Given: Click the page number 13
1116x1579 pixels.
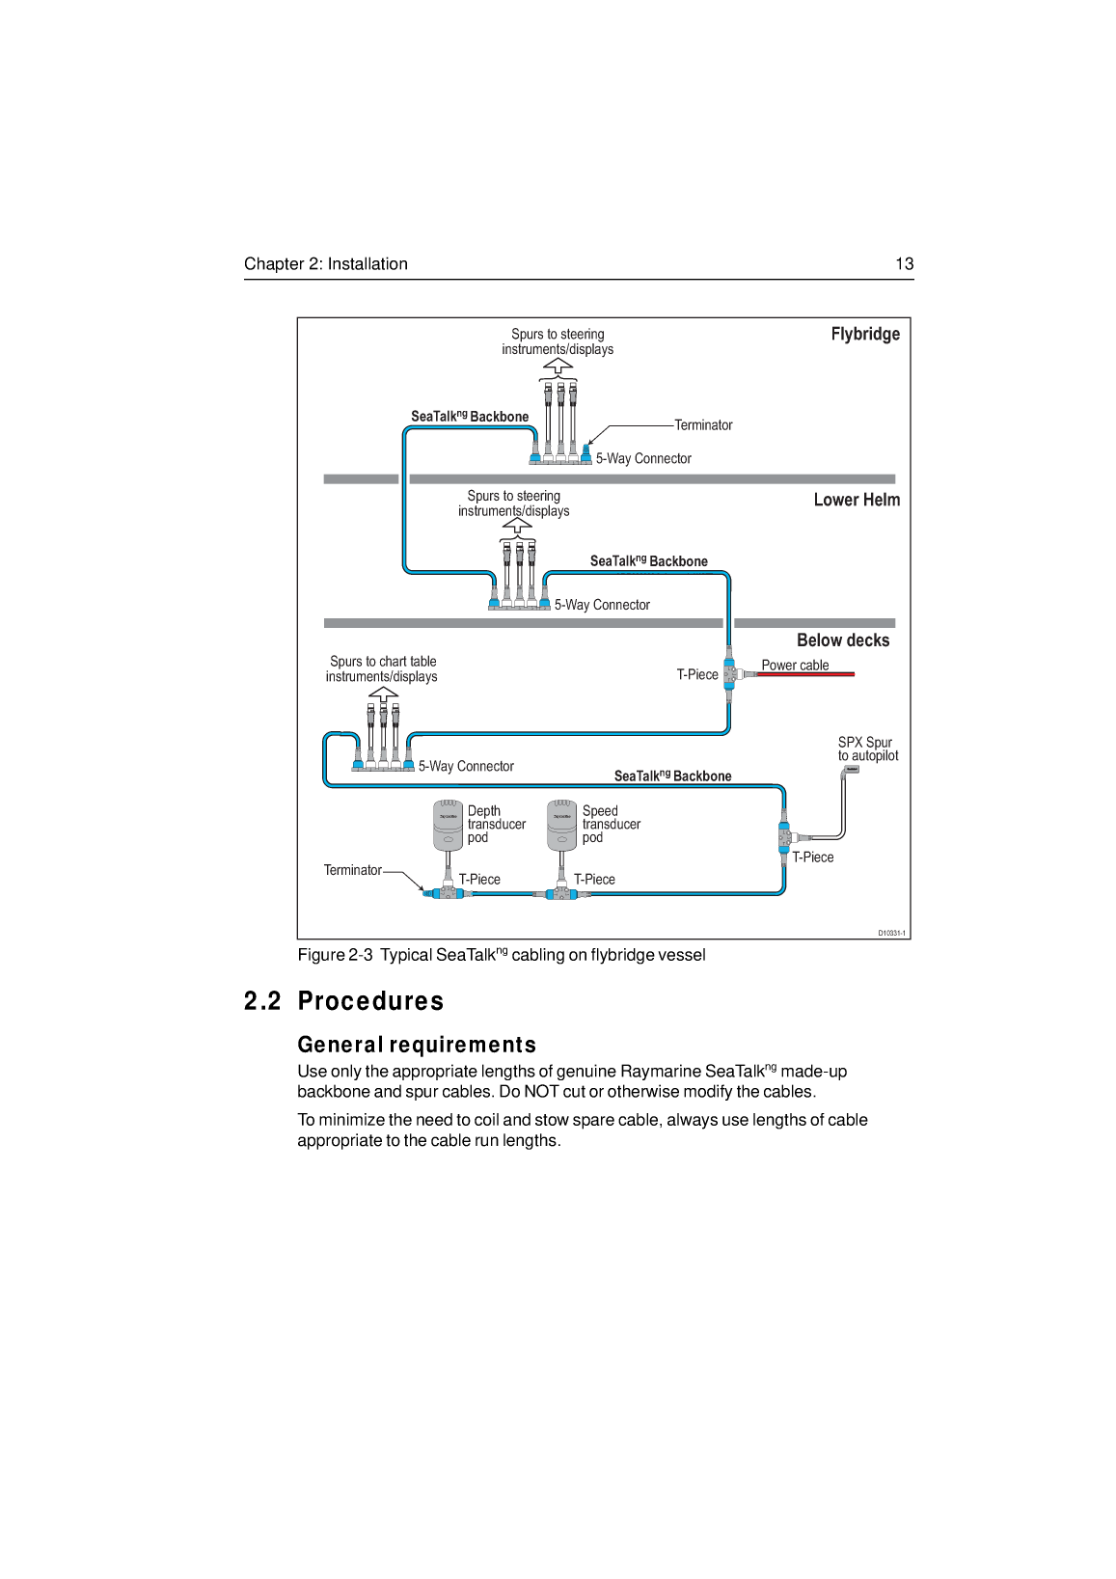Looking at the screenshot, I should click(904, 264).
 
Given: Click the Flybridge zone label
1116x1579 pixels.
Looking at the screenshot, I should click(865, 334).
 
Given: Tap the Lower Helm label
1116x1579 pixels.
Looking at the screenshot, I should click(857, 500).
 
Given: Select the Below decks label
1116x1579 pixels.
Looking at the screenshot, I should click(843, 640).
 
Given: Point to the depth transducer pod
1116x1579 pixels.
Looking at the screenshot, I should click(448, 825).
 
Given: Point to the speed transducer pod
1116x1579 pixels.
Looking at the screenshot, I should click(562, 825).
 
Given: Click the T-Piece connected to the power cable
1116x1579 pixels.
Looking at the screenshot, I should click(730, 673).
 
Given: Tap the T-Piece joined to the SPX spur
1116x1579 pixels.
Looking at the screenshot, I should click(784, 837).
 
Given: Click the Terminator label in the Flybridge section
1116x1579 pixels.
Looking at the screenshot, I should click(703, 425).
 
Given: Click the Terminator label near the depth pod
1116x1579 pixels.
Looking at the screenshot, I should click(352, 870).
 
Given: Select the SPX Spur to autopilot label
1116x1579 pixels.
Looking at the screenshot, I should click(867, 749).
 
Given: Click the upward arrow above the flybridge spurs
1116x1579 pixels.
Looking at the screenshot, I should click(558, 366).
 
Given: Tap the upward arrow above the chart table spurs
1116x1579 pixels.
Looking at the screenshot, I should click(383, 693).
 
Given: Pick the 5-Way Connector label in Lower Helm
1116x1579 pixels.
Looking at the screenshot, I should click(602, 605).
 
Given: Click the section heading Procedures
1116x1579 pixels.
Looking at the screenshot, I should click(370, 1001).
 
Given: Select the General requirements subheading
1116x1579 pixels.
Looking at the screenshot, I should click(417, 1045).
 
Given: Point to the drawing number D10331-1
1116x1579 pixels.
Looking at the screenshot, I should click(891, 933).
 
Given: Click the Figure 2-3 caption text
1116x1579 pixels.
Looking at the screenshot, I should click(502, 955).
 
